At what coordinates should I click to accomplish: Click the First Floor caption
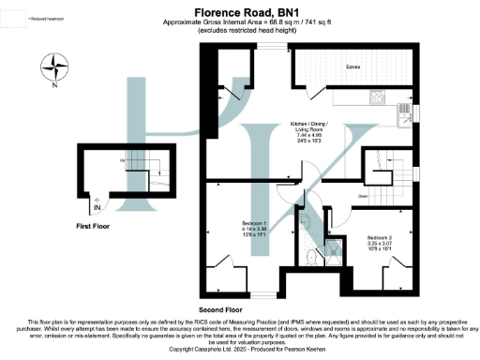click(96, 227)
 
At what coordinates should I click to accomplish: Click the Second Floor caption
click(220, 308)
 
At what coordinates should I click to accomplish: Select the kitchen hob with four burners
click(378, 96)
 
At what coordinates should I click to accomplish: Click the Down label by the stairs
click(361, 197)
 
